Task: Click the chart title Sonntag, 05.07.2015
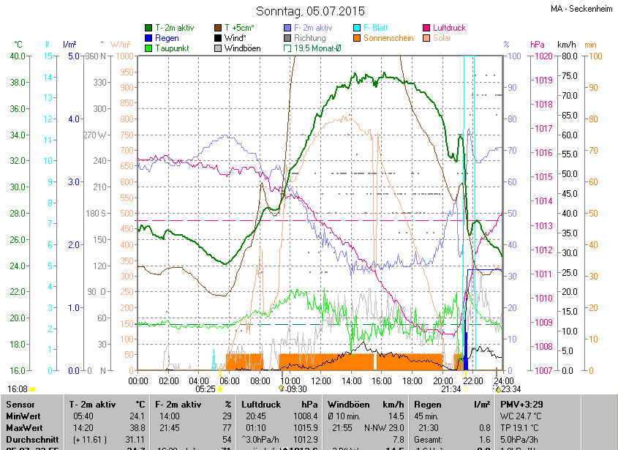(x=309, y=11)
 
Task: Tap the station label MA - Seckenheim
(x=581, y=9)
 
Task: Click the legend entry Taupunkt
(x=173, y=48)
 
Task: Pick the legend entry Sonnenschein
(x=395, y=37)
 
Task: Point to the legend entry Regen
(x=167, y=37)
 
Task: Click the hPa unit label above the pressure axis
(x=538, y=45)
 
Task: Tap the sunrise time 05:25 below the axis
(x=206, y=389)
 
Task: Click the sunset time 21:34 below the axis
(x=451, y=389)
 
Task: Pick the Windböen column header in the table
(x=348, y=404)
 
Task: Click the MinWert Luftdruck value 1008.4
(x=306, y=416)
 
